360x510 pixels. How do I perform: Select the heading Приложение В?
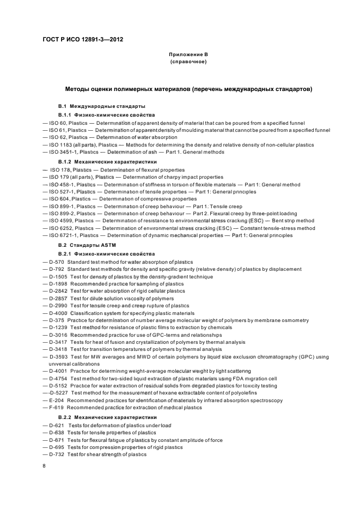[x=188, y=54]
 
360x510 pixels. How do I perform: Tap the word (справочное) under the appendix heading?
[x=188, y=62]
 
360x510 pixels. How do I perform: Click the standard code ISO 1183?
[x=60, y=145]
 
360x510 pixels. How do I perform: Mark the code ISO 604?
[x=59, y=199]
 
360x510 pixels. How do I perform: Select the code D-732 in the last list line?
[x=57, y=454]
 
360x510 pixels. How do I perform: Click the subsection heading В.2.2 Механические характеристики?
[x=100, y=417]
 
